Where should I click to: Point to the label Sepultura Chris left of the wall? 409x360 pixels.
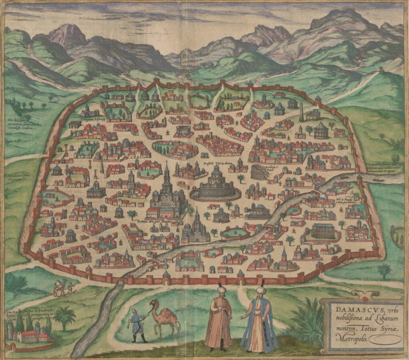coord(15,176)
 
